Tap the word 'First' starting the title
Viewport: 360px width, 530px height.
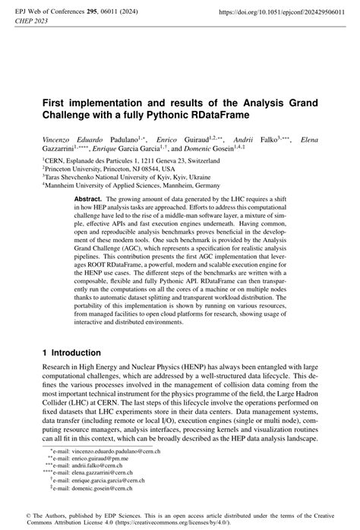coord(53,100)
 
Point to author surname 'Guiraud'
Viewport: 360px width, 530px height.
coord(200,141)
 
